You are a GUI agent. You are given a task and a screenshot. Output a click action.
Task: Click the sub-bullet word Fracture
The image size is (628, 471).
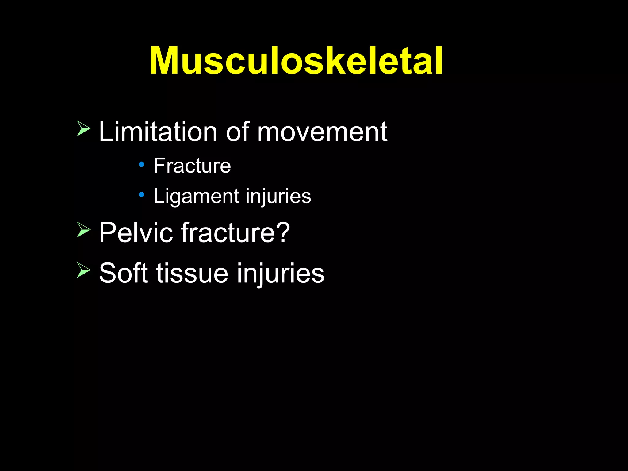click(x=192, y=166)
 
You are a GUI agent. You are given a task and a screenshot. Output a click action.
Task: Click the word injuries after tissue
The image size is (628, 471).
click(x=280, y=273)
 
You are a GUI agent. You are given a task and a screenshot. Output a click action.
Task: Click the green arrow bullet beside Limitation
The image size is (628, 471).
click(x=83, y=128)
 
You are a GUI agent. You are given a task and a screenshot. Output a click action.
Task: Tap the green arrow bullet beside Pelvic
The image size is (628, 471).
click(x=83, y=230)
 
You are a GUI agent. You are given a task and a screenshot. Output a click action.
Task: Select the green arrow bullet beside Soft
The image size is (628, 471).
click(x=83, y=270)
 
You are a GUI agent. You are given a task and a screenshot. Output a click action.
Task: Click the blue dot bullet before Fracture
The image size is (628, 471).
click(x=141, y=164)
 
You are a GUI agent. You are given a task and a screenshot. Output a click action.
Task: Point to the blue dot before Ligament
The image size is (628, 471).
click(x=141, y=194)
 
